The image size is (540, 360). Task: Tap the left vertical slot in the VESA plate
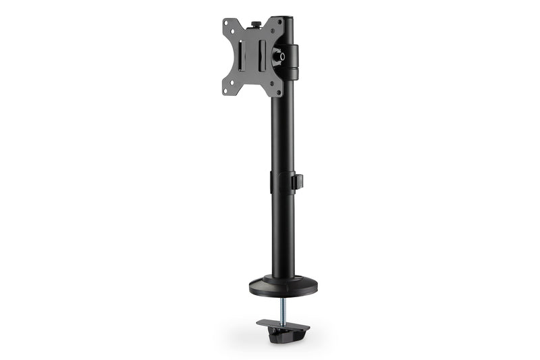point(240,56)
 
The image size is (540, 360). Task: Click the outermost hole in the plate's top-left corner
point(227,23)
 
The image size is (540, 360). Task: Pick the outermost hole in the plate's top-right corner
point(279,22)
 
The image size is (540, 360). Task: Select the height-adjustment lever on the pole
point(298,182)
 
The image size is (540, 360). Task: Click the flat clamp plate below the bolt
point(283,326)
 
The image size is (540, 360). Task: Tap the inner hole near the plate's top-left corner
point(233,31)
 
